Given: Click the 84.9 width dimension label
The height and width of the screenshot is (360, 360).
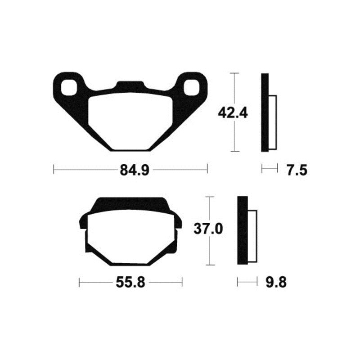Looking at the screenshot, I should [130, 170].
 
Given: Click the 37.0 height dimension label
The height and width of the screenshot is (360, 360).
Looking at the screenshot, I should [208, 229].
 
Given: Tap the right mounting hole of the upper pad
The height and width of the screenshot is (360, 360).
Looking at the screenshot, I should [191, 86].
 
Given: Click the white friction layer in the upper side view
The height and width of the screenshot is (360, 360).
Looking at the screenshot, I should [272, 122].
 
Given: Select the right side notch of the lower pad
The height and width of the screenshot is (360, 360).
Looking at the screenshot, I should [179, 224].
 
